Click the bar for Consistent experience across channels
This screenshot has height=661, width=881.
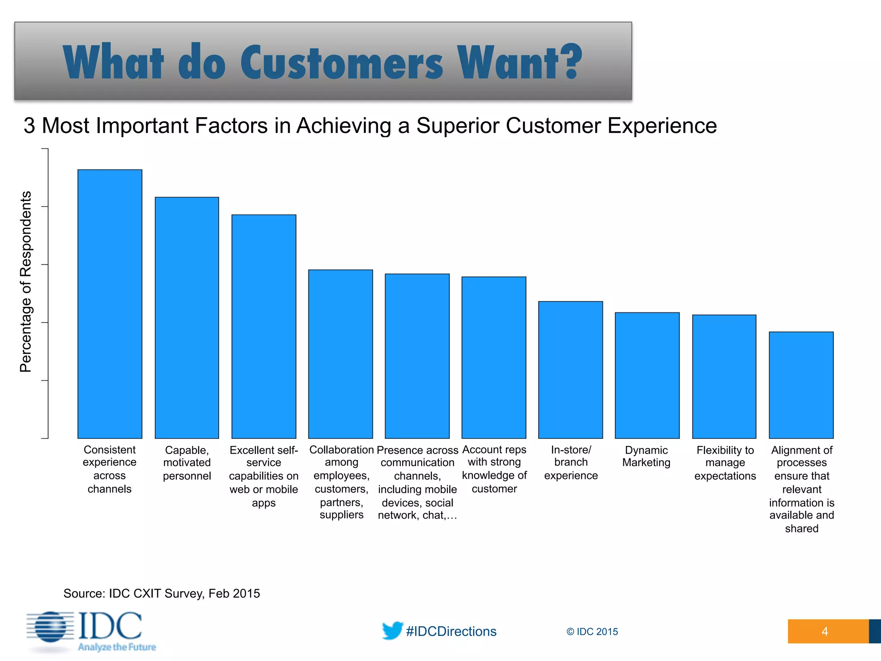(x=110, y=304)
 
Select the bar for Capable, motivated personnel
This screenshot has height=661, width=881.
(x=187, y=318)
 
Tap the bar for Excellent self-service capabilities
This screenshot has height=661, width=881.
(x=264, y=326)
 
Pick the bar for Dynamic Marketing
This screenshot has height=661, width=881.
(x=647, y=375)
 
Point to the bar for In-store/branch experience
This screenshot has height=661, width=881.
(x=570, y=370)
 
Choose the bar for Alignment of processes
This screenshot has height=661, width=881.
(x=801, y=385)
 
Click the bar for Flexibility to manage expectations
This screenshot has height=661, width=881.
(x=724, y=377)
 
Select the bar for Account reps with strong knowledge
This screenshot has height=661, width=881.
(x=494, y=357)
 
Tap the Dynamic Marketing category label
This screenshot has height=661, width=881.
(x=646, y=456)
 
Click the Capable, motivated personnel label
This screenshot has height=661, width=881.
(x=187, y=463)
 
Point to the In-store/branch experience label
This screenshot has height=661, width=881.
(x=571, y=463)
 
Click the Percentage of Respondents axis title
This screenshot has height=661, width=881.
(x=26, y=281)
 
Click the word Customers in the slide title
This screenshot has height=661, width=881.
(x=342, y=63)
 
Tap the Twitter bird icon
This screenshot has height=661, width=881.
(x=392, y=630)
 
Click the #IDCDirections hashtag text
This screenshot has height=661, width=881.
(x=451, y=631)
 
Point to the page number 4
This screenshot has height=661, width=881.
(x=825, y=631)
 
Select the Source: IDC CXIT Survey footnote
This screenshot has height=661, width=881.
(x=162, y=593)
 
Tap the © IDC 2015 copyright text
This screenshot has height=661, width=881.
(x=592, y=632)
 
